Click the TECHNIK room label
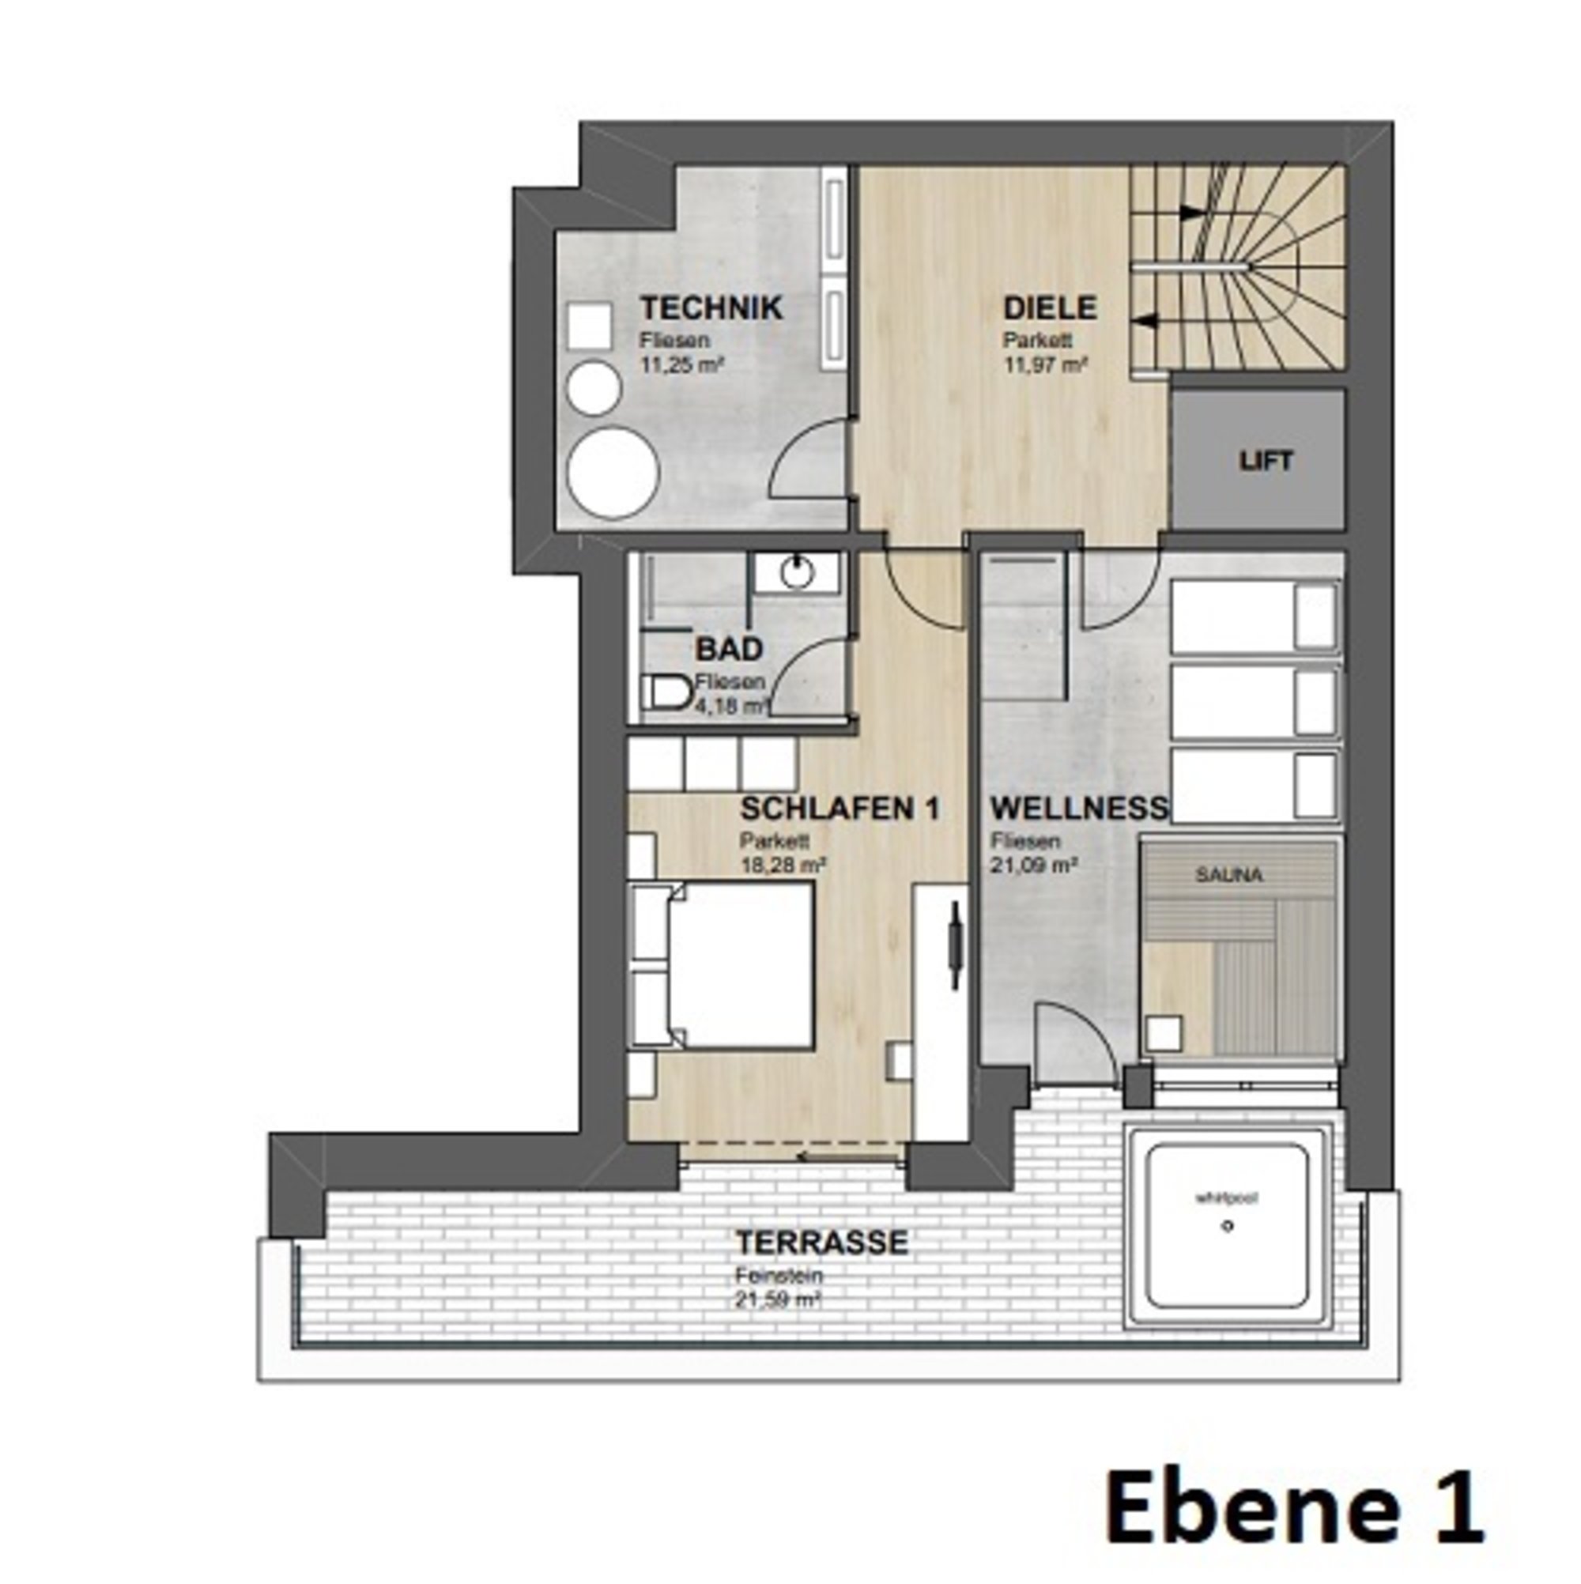click(x=711, y=309)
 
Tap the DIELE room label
click(x=1050, y=309)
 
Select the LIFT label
click(x=1266, y=462)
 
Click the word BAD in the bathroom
click(x=729, y=650)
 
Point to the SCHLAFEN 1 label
click(x=840, y=809)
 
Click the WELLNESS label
click(x=1079, y=809)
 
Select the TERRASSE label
click(x=821, y=1242)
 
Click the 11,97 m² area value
click(x=1046, y=365)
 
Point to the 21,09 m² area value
click(x=1033, y=864)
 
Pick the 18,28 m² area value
click(x=783, y=864)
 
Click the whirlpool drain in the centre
click(x=1228, y=1227)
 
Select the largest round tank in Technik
click(x=613, y=474)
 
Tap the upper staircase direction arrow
click(x=1189, y=213)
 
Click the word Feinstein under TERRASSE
click(x=779, y=1277)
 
